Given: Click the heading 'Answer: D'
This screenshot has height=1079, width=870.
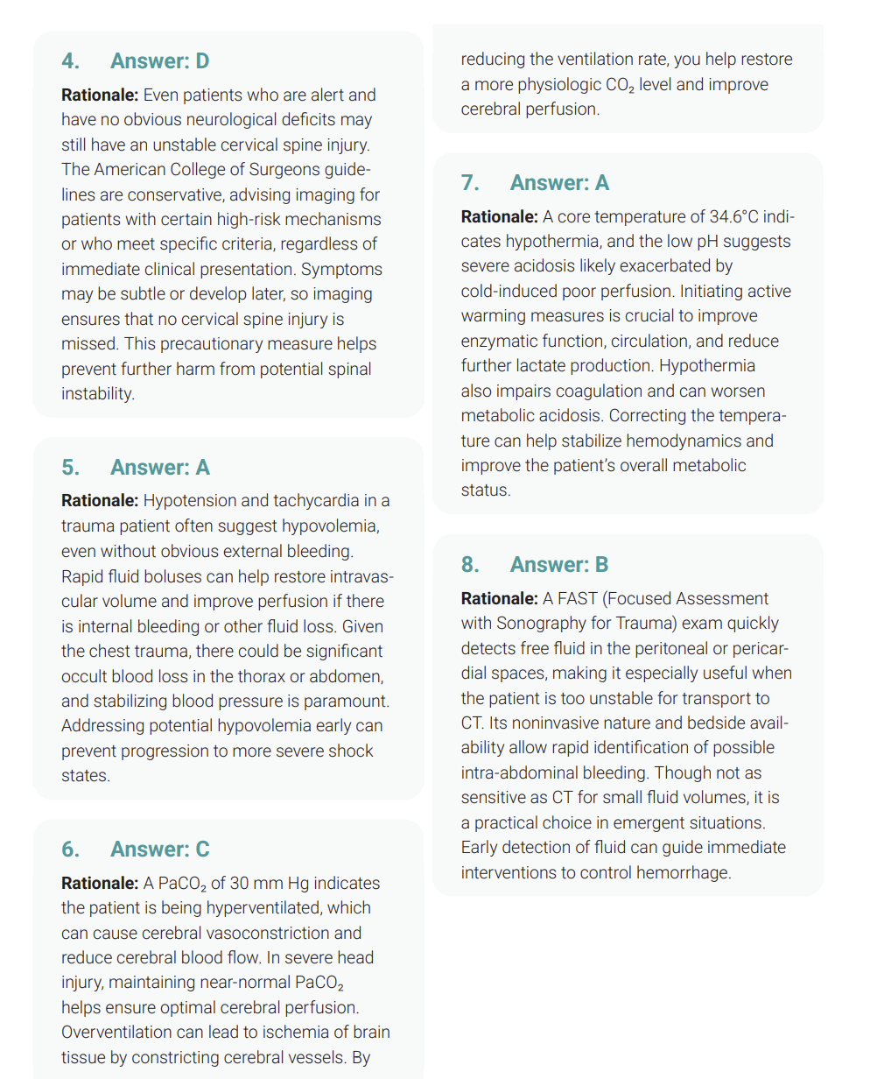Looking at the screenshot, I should tap(159, 61).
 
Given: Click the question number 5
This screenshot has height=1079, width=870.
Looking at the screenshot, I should tap(70, 468).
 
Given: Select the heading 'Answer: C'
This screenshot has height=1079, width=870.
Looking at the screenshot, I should tap(159, 850).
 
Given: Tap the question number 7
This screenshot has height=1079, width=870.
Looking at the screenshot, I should tap(470, 183).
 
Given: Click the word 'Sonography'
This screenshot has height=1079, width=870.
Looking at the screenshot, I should tap(539, 624).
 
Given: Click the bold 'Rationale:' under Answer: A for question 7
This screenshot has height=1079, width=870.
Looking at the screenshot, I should tap(500, 216).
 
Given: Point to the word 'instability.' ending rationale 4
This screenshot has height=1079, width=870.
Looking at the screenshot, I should tap(98, 394).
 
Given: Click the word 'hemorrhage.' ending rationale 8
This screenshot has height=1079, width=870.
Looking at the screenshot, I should tap(687, 873).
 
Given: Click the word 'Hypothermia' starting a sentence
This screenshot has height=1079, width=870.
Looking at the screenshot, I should tap(707, 366).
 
